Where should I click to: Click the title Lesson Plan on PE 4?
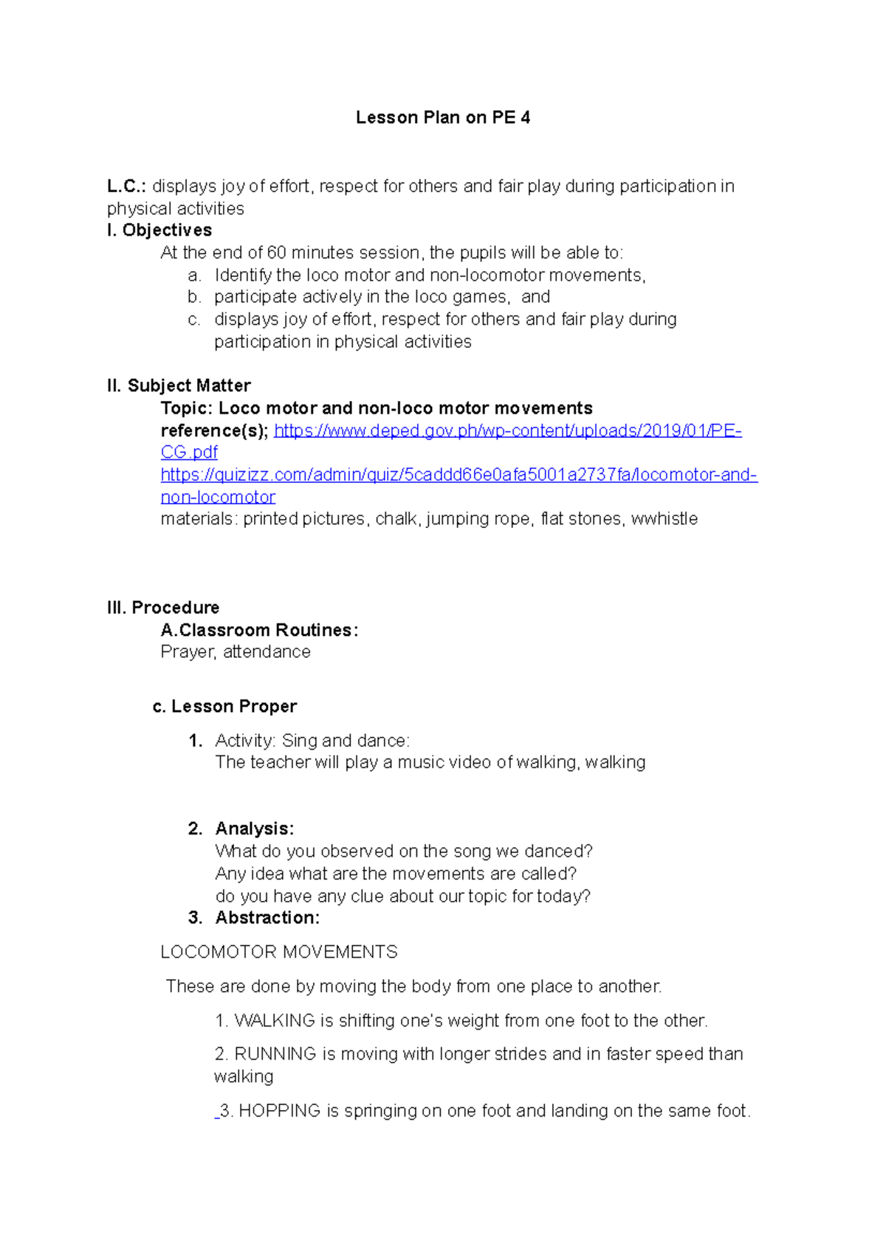pos(443,117)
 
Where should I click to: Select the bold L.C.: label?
pos(126,186)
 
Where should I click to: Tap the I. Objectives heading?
pos(159,230)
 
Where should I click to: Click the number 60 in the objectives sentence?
pos(277,253)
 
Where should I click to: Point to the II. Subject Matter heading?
pos(179,386)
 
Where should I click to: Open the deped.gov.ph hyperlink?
pos(507,431)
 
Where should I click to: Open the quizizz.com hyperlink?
pos(459,475)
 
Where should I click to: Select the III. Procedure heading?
pos(163,608)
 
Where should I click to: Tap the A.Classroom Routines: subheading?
pos(259,630)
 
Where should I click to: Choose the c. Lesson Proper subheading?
pos(224,707)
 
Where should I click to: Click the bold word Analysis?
pos(254,829)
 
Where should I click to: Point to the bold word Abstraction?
pos(267,918)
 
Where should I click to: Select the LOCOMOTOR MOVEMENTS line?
pos(279,952)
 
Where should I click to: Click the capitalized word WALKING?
pos(275,1021)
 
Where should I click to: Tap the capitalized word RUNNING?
pos(275,1054)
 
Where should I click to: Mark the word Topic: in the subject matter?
pos(187,408)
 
